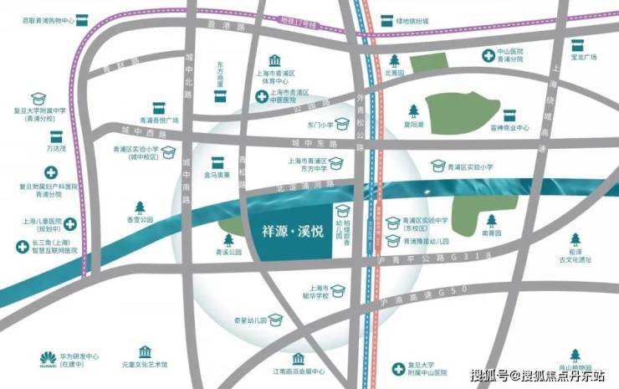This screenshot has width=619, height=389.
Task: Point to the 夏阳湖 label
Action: click(413, 123)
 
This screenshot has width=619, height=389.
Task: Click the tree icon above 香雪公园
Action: click(140, 207)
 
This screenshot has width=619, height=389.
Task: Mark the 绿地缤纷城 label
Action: click(412, 20)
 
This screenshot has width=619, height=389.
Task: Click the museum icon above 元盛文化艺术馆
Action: click(146, 352)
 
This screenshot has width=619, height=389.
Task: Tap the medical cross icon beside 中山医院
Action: click(488, 55)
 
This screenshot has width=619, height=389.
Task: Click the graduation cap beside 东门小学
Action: click(342, 125)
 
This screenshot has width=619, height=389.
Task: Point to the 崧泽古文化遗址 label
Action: click(575, 256)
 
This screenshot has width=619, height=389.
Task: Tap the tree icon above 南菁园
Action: click(492, 221)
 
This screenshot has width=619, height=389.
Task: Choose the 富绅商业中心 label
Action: click(511, 129)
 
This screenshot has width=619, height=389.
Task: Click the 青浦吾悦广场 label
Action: click(161, 120)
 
